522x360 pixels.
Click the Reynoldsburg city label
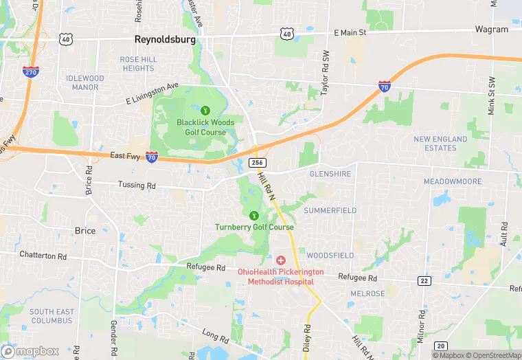coord(165,40)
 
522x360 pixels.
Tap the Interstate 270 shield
coord(30,71)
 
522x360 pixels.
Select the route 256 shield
coord(257,163)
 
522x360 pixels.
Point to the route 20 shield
coord(441,345)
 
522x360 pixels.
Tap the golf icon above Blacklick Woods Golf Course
coord(205,109)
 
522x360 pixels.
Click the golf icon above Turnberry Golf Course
coord(254,214)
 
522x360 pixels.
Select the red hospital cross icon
coord(281,260)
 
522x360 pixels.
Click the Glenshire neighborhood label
coord(330,174)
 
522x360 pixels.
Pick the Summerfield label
coord(330,210)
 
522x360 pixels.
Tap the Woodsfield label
coord(330,255)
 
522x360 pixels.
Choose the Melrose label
coord(367,293)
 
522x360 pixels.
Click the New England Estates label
coord(440,144)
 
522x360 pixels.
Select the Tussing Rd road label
coord(137,185)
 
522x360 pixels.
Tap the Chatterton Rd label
coord(43,256)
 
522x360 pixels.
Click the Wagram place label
coord(492,30)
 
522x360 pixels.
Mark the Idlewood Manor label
coord(85,82)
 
